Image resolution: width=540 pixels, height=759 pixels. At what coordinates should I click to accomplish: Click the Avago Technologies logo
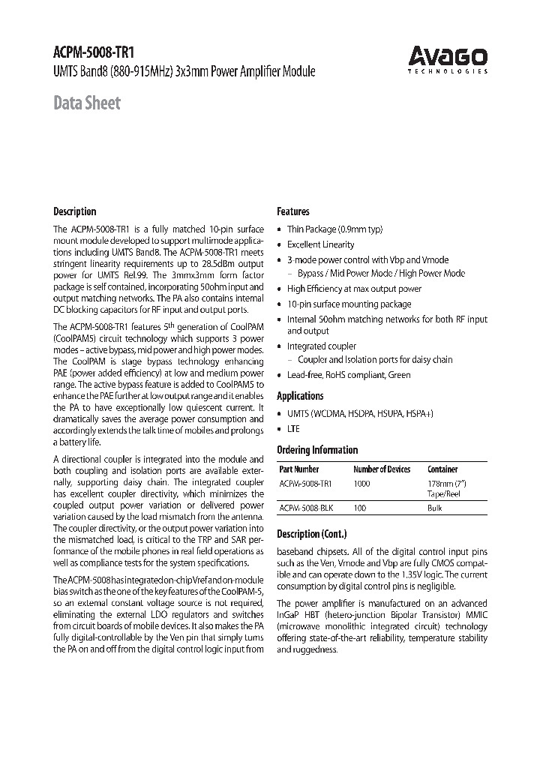448,58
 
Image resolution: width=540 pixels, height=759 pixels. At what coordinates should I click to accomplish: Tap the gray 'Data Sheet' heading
86,103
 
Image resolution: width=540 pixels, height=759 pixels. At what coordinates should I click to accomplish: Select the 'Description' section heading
74,211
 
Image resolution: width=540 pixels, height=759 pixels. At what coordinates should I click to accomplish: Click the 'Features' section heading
292,211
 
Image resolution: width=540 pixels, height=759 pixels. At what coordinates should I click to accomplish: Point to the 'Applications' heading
300,396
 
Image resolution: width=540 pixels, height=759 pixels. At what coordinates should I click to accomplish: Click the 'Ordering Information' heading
317,450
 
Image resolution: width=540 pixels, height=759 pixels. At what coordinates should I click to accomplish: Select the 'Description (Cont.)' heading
312,534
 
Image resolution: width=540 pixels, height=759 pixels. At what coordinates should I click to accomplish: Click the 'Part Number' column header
298,469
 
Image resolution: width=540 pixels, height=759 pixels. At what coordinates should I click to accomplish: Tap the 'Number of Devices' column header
382,469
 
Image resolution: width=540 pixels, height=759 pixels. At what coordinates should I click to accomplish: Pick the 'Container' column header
442,469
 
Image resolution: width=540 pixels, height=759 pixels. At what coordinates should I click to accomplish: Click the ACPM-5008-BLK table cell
306,508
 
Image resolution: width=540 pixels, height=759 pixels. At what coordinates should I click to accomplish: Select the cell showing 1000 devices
361,484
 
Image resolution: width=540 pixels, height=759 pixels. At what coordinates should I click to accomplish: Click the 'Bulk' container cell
435,508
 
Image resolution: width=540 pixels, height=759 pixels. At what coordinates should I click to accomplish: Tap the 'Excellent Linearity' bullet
320,244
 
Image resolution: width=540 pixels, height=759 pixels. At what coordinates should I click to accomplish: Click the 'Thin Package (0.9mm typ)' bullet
334,229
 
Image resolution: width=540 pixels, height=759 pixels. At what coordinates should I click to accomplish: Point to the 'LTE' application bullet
292,429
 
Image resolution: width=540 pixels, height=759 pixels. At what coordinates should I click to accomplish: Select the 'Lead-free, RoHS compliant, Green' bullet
348,375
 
